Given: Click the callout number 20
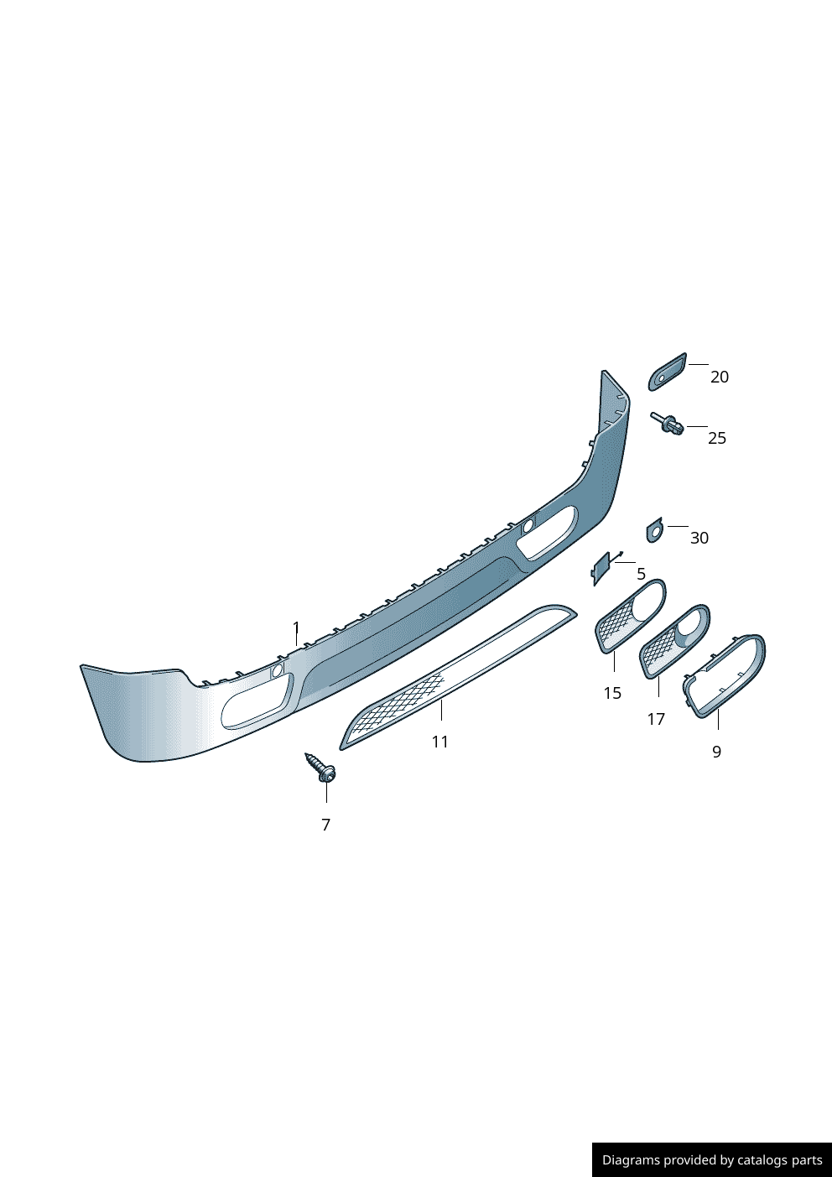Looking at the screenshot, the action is click(x=719, y=377).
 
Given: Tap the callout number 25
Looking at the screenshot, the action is click(x=717, y=438).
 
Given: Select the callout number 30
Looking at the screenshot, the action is click(x=699, y=538).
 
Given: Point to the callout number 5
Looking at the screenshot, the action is click(x=641, y=574).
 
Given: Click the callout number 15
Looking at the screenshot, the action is click(x=612, y=693).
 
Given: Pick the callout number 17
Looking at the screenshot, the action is click(x=656, y=719).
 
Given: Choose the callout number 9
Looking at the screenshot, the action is click(x=716, y=752).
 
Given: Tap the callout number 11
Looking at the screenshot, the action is click(x=440, y=742).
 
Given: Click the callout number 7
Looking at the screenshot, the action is click(x=325, y=825).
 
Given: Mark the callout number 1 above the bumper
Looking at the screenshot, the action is click(x=296, y=628).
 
